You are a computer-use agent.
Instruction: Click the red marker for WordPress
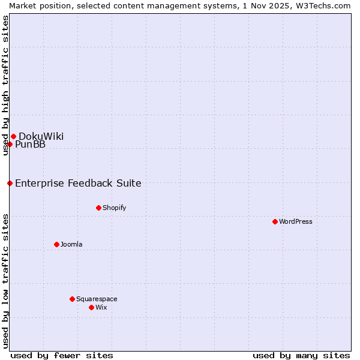click(x=275, y=221)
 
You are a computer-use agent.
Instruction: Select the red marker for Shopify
click(x=98, y=208)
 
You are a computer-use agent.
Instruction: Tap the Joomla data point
click(x=56, y=244)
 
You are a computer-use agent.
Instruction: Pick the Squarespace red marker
click(x=72, y=299)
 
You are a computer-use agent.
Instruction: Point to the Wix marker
click(x=91, y=307)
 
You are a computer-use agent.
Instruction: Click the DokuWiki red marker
click(x=13, y=136)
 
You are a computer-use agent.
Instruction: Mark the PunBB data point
click(x=10, y=144)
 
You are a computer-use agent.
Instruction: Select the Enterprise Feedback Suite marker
click(x=10, y=183)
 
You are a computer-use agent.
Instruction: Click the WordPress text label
click(x=296, y=221)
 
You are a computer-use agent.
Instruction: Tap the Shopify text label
click(x=114, y=208)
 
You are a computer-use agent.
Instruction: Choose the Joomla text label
click(x=71, y=244)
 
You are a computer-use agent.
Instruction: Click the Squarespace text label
click(x=97, y=299)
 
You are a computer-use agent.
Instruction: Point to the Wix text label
click(x=101, y=307)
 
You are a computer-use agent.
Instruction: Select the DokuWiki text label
click(x=41, y=136)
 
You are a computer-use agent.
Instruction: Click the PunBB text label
click(x=30, y=144)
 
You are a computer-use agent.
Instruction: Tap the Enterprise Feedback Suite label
click(x=78, y=183)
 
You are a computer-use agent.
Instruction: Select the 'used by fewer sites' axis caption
click(x=62, y=355)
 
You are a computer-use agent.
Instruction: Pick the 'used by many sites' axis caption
click(x=301, y=355)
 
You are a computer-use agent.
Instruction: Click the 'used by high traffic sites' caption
click(x=5, y=85)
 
